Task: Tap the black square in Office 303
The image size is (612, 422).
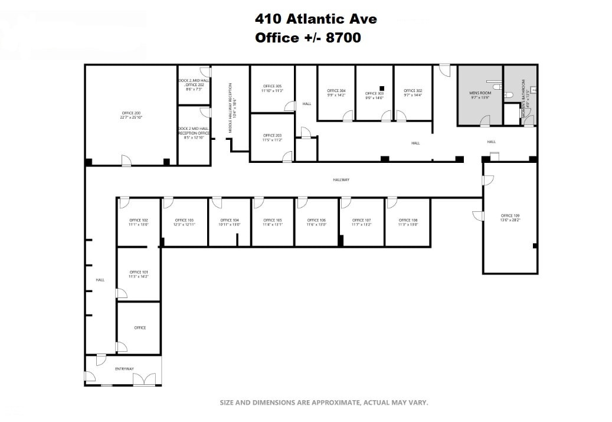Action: (x=382, y=88)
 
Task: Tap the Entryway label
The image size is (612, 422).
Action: (x=124, y=369)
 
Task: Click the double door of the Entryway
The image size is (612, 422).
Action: (x=145, y=379)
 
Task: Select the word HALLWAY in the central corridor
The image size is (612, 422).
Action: (x=341, y=180)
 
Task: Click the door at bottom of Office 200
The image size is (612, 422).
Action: (x=126, y=160)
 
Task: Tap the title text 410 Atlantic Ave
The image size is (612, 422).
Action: (x=316, y=19)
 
